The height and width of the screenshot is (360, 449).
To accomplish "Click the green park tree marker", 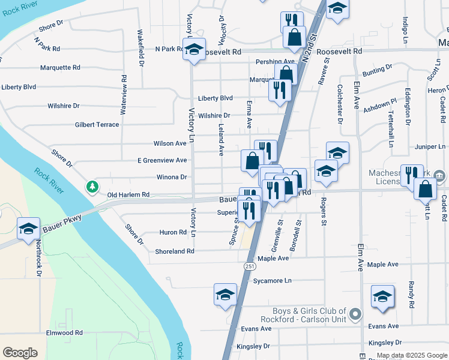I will (92, 187).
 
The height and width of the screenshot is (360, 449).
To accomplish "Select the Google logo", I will (20, 353).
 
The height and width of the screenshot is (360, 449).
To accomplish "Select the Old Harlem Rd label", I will (128, 195).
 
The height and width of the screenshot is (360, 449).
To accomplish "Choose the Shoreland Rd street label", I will (175, 251).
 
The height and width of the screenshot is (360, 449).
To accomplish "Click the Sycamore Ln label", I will (272, 280).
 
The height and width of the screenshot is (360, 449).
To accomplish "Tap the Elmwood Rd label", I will (64, 332).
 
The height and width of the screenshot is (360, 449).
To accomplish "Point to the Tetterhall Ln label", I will (391, 128).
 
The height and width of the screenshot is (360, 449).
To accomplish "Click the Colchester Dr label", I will (340, 104).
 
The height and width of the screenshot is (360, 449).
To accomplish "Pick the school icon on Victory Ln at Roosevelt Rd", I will (194, 50).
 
